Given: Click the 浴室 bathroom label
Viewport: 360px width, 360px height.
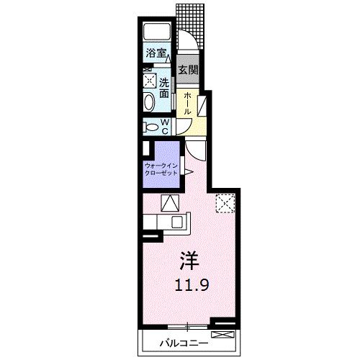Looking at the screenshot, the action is pos(156,53).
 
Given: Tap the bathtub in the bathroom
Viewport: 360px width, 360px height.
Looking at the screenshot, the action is pos(157,32).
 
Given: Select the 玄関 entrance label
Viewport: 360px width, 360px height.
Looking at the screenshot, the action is pos(188,70).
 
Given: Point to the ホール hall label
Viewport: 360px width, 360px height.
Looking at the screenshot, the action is pos(187,104).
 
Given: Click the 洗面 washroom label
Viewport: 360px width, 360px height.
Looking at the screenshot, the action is pos(164,88).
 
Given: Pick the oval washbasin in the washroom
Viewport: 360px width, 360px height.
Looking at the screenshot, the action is pos(149,102).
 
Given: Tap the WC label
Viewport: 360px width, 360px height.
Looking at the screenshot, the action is pos(165,127).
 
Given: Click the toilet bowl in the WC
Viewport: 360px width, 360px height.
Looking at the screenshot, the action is pos(152,127).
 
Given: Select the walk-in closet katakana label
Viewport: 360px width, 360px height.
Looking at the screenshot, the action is pos(161,169).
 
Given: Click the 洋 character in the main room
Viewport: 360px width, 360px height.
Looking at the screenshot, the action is pos(189,261).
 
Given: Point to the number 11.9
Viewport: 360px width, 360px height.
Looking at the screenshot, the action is pos(192,285).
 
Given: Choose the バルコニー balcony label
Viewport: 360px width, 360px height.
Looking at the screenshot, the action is pos(184,343).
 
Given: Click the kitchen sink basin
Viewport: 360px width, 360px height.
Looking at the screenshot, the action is pos(178,222).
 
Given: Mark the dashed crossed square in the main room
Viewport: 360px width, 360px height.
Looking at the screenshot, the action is pos(225,203).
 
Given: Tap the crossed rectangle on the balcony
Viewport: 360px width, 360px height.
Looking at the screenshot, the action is pos(222,335).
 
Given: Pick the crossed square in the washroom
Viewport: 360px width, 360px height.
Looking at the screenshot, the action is pos(150,80).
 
